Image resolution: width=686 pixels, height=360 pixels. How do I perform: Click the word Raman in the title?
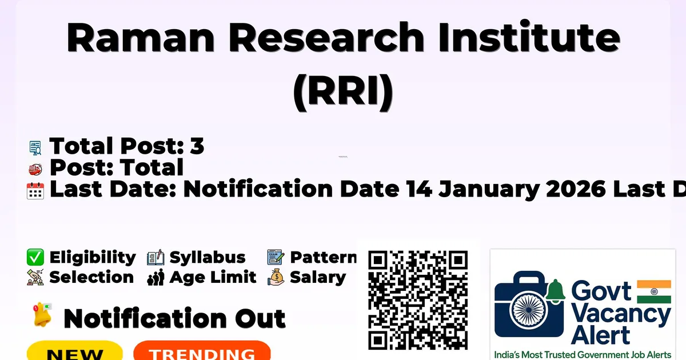coord(141,38)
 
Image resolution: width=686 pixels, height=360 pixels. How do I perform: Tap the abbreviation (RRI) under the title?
coord(343,92)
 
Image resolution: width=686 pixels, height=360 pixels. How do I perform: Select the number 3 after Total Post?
coord(197,146)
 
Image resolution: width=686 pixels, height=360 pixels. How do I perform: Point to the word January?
coord(489,190)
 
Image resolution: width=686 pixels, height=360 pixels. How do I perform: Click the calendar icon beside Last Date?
coord(35,191)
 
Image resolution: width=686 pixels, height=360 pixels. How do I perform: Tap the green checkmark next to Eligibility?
coord(35,257)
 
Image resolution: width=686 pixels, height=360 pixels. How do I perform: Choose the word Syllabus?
coord(208,258)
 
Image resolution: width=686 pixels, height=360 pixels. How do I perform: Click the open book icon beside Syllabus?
coord(156,258)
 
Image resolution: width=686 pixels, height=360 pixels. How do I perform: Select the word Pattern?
coord(324,257)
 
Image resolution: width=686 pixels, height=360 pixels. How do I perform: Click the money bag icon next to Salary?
coord(276,277)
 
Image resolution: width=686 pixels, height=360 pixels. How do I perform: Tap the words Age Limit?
coord(213,278)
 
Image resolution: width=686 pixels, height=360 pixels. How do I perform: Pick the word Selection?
coord(91,277)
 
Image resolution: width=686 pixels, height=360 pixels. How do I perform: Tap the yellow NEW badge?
coord(75,351)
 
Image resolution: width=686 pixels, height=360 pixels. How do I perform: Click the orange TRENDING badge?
coord(202,351)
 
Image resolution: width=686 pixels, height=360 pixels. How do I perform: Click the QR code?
coord(418,300)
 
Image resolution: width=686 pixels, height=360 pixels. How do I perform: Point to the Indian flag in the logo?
coord(654,291)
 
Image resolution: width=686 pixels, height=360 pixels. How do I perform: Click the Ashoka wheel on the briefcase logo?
coord(529,310)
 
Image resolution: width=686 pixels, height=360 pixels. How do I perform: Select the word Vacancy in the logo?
coord(621,315)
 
